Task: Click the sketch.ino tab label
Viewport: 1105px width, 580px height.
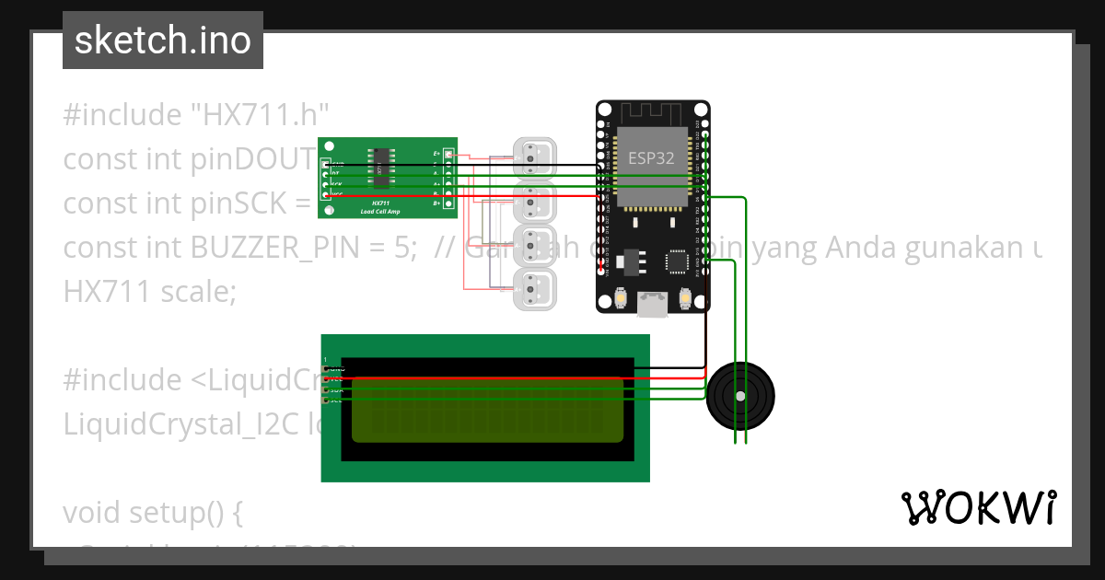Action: (x=162, y=41)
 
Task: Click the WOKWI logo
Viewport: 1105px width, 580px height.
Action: (x=977, y=507)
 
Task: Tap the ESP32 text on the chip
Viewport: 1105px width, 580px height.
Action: (x=651, y=157)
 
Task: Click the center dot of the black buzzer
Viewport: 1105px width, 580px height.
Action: (x=740, y=396)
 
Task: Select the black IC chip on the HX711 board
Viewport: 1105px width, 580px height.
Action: (x=379, y=169)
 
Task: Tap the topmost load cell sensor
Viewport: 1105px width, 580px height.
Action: (x=533, y=157)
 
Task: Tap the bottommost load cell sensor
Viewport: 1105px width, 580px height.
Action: (x=533, y=288)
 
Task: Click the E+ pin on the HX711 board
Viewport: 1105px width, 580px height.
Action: (x=448, y=153)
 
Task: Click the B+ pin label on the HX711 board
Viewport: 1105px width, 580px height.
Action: (x=436, y=203)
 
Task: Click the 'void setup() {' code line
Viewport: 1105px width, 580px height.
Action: (x=152, y=512)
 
